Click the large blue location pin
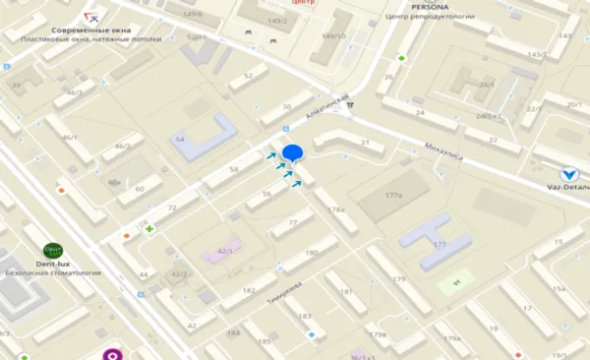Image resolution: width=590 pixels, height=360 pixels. pos(293,154)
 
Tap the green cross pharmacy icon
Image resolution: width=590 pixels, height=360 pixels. pos(150,229)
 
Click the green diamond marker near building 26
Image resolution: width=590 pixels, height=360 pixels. pos(401,59)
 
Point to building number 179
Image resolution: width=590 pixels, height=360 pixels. pos(398,280)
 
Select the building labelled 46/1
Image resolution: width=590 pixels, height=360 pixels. pos(69,137)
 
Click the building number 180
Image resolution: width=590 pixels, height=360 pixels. pos(312,253)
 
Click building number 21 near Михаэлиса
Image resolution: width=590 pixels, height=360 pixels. pos(349,144)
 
